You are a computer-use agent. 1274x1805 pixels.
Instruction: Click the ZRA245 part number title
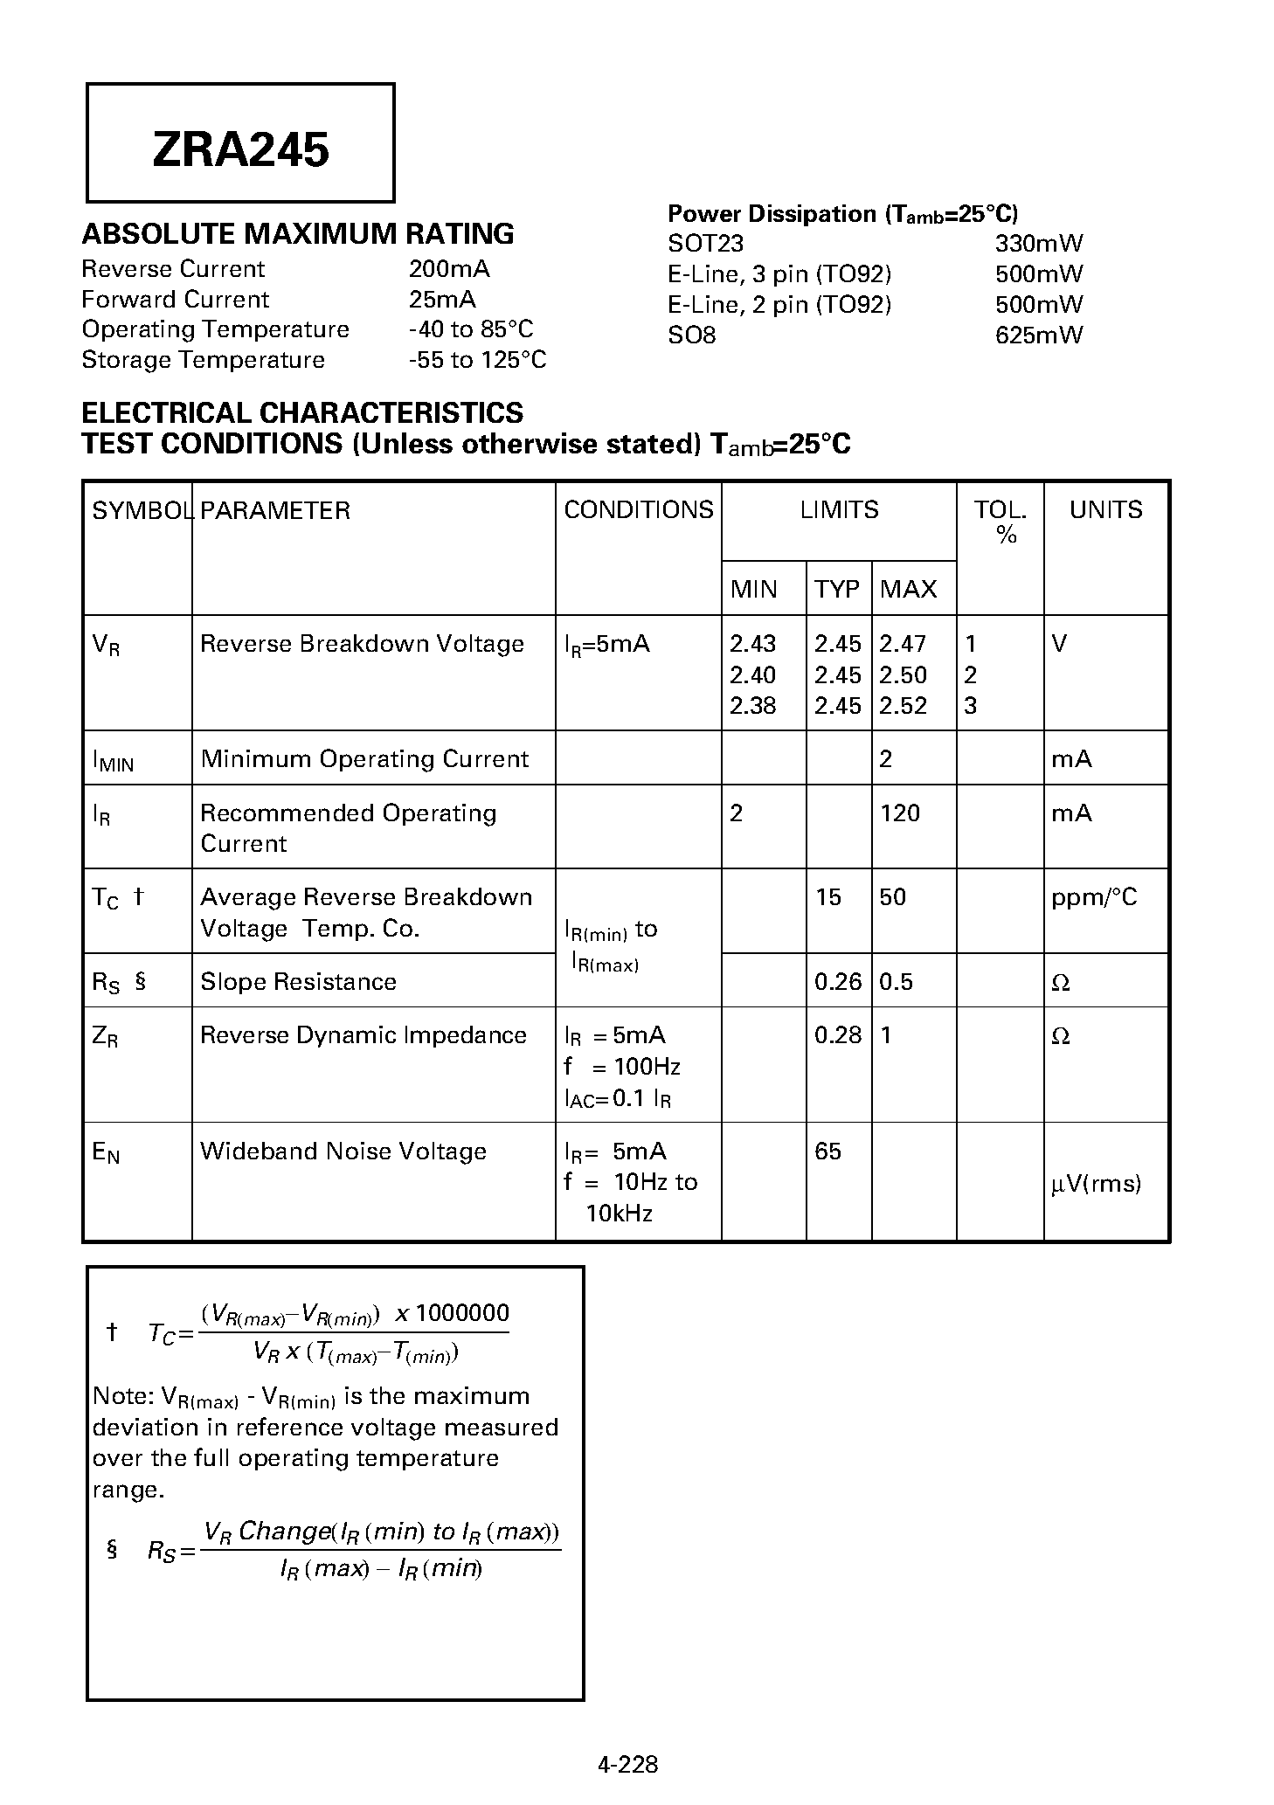point(240,149)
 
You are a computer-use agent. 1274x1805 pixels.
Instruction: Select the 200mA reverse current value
point(449,269)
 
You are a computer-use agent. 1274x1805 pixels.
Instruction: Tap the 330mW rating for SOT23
point(1038,244)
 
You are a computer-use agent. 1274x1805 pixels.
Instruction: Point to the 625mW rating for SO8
point(1038,335)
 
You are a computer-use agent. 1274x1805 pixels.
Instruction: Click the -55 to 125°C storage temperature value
point(477,360)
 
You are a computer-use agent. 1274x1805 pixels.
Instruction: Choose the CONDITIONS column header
point(638,510)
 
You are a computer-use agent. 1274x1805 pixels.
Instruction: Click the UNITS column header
point(1105,510)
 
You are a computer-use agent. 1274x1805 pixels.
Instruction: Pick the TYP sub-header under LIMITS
point(837,590)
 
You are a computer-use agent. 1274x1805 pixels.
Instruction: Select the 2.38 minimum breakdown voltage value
point(752,706)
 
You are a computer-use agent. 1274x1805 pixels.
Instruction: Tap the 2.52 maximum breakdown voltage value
point(903,706)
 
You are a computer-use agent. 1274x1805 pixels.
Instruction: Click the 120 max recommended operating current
point(899,813)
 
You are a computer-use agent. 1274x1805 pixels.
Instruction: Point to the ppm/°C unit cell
point(1094,898)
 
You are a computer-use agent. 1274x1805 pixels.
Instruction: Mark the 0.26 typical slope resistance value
point(837,982)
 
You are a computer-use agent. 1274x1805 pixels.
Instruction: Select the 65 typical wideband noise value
point(827,1151)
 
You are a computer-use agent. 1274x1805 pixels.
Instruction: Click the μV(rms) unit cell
point(1096,1184)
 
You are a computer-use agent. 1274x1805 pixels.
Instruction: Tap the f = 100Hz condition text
point(621,1067)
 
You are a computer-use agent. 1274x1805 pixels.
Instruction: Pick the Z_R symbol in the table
point(105,1037)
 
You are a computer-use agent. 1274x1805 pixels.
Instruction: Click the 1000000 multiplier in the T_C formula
point(461,1313)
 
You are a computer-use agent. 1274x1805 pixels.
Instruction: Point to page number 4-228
point(627,1764)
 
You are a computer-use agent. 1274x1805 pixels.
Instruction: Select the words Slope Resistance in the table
point(298,982)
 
